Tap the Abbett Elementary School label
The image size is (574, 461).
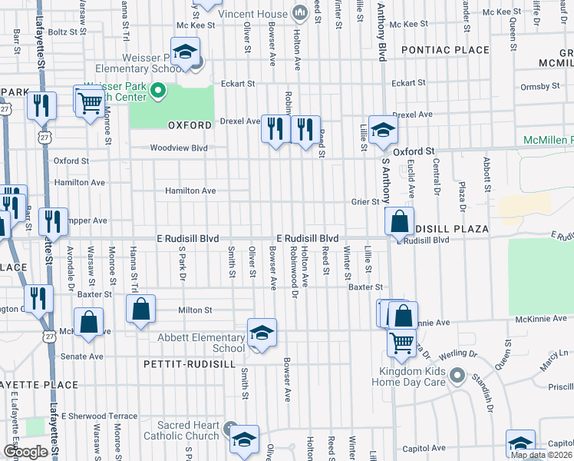click(201, 343)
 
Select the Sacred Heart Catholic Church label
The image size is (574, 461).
click(188, 430)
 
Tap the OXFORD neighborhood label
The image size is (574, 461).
click(190, 124)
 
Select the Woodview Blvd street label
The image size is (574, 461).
click(179, 148)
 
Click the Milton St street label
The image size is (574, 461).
click(195, 310)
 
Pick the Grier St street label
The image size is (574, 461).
click(366, 202)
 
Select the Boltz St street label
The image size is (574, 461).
click(64, 32)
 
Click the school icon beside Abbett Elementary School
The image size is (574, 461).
click(262, 333)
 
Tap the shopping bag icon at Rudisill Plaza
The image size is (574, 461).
click(399, 222)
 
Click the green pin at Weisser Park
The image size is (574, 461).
click(158, 93)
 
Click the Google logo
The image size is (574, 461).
click(25, 452)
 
